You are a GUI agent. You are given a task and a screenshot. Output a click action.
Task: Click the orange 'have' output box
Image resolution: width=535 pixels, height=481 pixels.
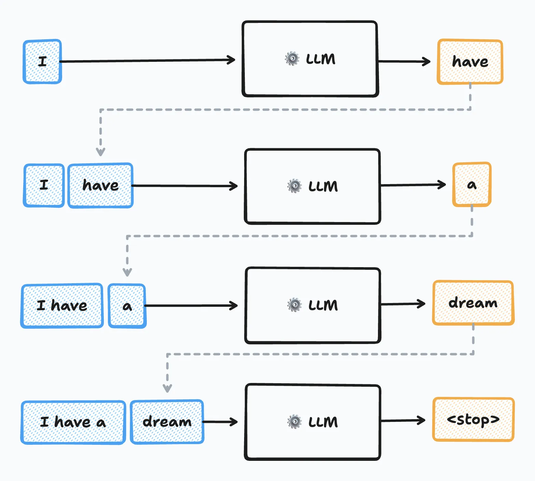pyautogui.click(x=470, y=62)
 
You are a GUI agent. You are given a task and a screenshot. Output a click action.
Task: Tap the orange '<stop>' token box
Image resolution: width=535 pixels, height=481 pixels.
pyautogui.click(x=473, y=420)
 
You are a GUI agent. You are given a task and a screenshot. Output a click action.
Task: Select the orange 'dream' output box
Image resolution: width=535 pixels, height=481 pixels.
pyautogui.click(x=473, y=303)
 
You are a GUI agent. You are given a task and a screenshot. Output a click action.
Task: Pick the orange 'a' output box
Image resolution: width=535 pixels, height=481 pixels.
pyautogui.click(x=472, y=185)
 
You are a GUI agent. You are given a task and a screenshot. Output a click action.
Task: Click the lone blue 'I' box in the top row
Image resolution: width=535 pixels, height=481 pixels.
pyautogui.click(x=42, y=62)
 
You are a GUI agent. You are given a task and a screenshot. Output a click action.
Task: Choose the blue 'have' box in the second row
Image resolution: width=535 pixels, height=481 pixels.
pyautogui.click(x=100, y=185)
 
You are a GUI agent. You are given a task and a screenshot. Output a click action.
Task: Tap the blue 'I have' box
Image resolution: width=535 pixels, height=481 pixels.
pyautogui.click(x=62, y=306)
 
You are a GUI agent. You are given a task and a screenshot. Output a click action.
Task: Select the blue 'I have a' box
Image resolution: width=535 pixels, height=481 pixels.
pyautogui.click(x=73, y=422)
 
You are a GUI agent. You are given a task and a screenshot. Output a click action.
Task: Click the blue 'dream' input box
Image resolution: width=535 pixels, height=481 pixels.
pyautogui.click(x=167, y=422)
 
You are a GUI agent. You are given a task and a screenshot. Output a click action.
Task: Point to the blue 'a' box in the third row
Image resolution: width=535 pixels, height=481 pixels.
pyautogui.click(x=127, y=306)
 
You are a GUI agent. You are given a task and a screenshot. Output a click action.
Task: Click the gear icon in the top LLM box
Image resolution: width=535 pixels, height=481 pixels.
pyautogui.click(x=292, y=59)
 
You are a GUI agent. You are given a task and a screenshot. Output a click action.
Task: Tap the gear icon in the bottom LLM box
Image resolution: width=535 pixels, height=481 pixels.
pyautogui.click(x=294, y=422)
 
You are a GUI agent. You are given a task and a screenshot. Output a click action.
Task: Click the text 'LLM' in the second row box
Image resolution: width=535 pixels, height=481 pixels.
pyautogui.click(x=323, y=186)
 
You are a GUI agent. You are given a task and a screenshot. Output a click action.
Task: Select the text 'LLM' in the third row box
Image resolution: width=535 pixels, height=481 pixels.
pyautogui.click(x=323, y=305)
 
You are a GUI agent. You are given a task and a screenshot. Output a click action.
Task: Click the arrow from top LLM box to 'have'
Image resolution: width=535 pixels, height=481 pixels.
pyautogui.click(x=404, y=61)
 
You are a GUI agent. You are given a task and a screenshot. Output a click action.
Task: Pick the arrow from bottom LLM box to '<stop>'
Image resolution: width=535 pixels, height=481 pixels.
pyautogui.click(x=403, y=421)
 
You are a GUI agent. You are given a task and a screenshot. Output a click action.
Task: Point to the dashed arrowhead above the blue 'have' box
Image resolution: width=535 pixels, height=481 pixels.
pyautogui.click(x=100, y=151)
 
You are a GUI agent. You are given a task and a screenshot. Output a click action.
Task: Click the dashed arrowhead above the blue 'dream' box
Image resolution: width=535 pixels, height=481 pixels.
pyautogui.click(x=167, y=388)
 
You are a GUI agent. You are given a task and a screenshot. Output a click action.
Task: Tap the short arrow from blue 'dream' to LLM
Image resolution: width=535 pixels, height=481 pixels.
pyautogui.click(x=220, y=422)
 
